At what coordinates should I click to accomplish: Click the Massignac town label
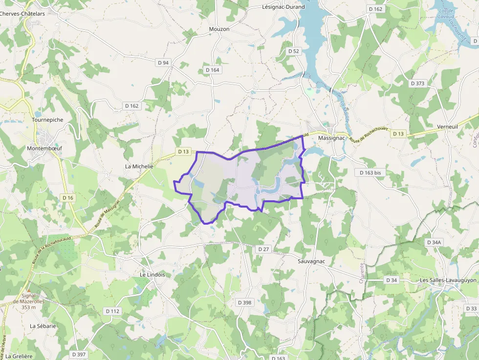pos(332,138)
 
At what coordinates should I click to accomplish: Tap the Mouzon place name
pos(219,29)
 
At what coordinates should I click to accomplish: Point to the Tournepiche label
pos(47,120)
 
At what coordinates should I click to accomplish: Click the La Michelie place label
pos(139,167)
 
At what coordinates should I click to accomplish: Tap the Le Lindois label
pos(152,275)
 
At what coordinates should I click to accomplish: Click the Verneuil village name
pos(448,127)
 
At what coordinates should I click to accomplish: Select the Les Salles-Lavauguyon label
pos(448,280)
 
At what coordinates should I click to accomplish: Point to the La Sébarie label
pos(43,326)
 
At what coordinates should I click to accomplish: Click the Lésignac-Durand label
pos(283,7)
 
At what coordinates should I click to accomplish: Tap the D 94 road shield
pos(163,63)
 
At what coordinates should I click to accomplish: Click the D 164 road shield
pos(213,70)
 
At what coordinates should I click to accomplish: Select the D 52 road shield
pos(293,51)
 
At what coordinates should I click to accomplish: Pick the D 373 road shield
pos(417,84)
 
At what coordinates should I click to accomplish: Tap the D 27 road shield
pos(263,249)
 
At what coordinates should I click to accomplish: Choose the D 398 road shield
pos(244,302)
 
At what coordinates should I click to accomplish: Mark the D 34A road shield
pos(434,242)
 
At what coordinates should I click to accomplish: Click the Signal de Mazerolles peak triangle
pos(29,291)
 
